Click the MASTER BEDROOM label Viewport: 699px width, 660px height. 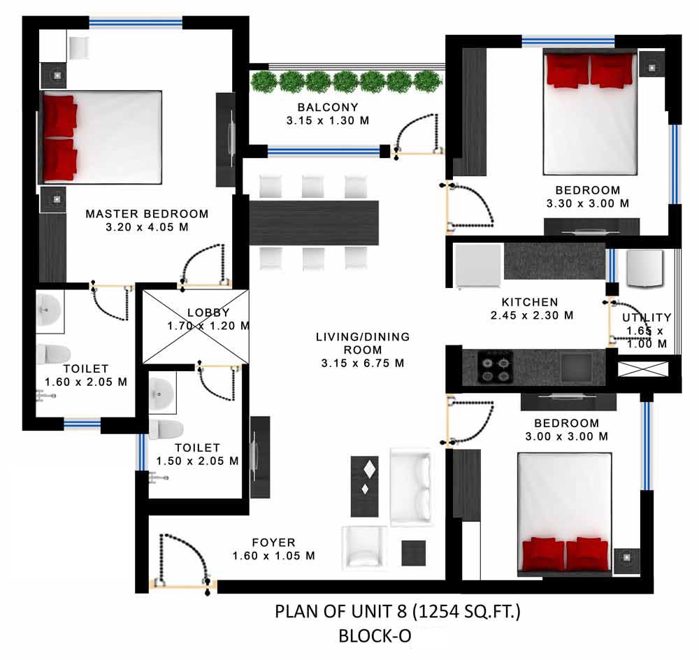point(147,214)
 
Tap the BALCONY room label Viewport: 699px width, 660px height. point(328,108)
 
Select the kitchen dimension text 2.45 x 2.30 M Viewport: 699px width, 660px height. point(532,315)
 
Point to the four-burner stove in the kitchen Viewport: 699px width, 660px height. point(496,366)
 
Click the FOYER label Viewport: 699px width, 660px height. point(274,543)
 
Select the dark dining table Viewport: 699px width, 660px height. point(314,223)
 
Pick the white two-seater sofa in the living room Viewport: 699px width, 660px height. point(410,488)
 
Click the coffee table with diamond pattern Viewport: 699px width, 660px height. point(365,486)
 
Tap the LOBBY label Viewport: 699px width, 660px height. point(208,313)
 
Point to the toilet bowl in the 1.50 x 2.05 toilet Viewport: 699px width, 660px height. point(166,429)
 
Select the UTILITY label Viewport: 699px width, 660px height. point(647,317)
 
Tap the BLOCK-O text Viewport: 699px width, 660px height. point(375,636)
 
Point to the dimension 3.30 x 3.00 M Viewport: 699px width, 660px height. point(588,203)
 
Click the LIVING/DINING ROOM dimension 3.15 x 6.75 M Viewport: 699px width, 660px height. point(362,363)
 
